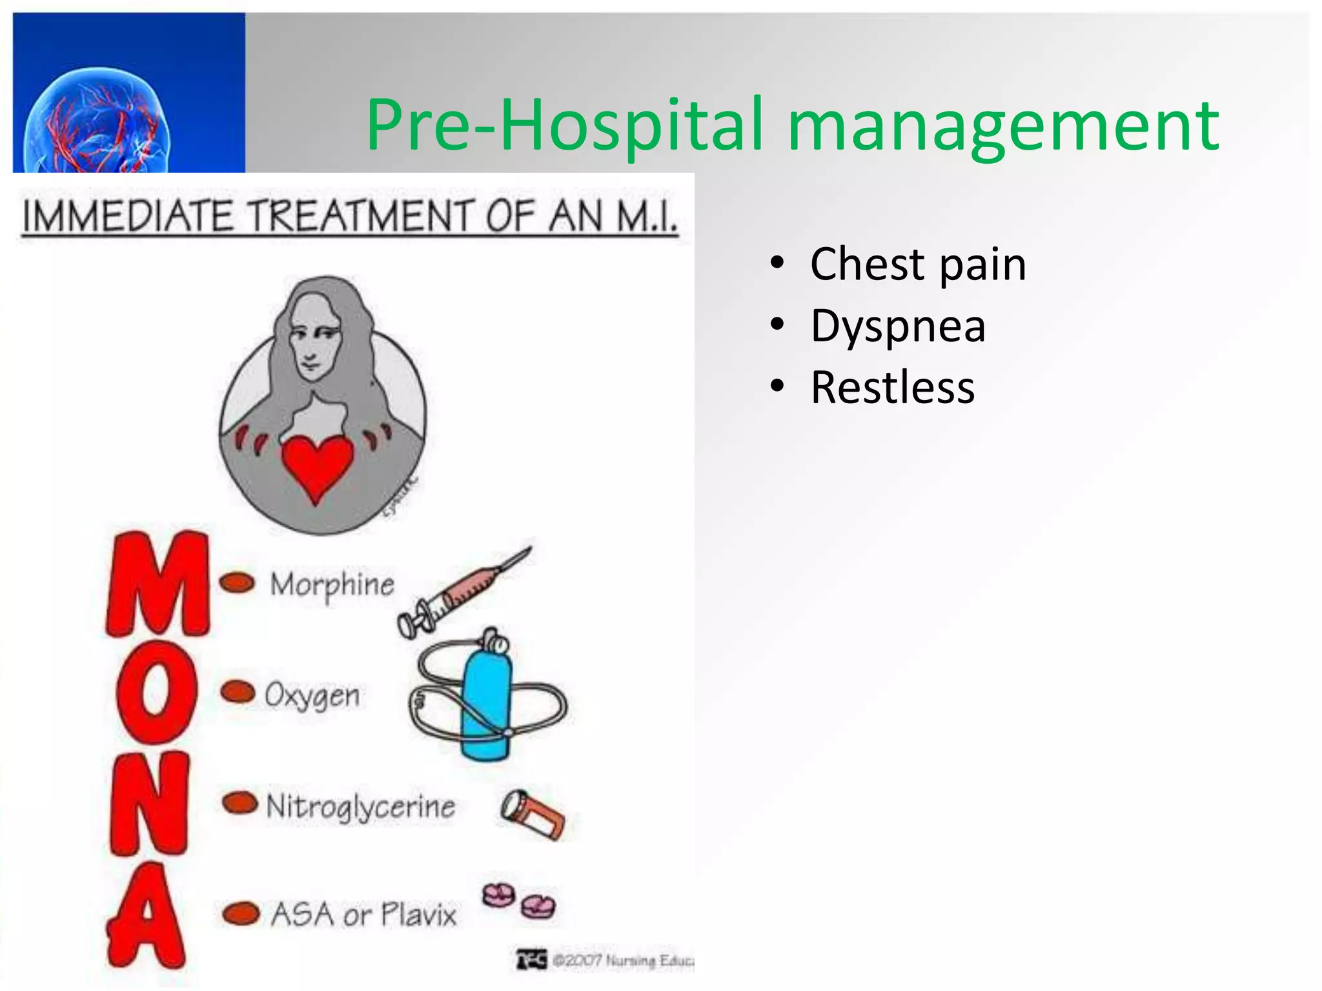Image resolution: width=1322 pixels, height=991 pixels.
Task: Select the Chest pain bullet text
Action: pos(917,265)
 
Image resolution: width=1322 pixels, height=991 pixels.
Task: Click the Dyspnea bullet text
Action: pos(897,326)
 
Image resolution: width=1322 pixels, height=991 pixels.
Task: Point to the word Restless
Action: pos(892,388)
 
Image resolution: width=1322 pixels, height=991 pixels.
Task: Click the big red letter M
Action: pos(158,584)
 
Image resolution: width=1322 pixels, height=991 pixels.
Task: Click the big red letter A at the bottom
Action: pos(147,916)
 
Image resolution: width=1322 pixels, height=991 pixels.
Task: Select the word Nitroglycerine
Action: pos(361,806)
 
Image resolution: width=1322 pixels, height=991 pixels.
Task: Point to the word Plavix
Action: pos(418,915)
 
